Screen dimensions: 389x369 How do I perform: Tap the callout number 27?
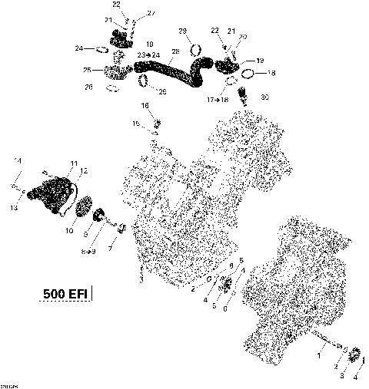[x=150, y=13]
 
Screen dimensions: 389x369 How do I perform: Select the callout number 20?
[x=243, y=37]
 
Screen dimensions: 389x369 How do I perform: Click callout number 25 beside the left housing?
[x=88, y=71]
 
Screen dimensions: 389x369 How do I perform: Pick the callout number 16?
[x=145, y=104]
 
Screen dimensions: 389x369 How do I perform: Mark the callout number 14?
[x=19, y=160]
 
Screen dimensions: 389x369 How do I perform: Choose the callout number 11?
[x=75, y=163]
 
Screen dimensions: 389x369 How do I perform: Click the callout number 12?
[x=84, y=170]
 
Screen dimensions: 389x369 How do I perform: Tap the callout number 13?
[x=15, y=207]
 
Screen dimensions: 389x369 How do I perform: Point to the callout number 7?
[x=110, y=249]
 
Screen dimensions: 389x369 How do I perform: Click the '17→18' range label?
[x=218, y=100]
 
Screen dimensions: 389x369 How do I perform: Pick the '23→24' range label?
[x=149, y=55]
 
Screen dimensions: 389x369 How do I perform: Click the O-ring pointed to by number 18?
[x=248, y=74]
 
